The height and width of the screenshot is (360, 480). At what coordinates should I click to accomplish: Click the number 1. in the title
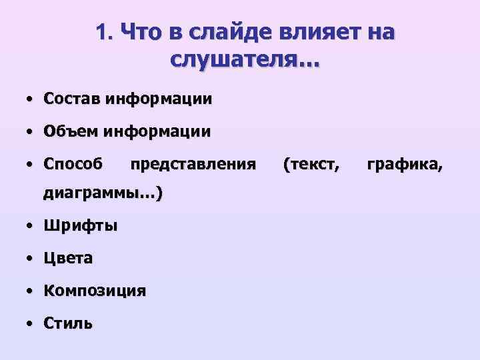105,32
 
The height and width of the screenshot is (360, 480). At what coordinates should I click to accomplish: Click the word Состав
71,99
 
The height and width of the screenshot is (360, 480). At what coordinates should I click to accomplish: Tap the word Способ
73,164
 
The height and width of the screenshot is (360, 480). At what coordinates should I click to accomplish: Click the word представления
193,164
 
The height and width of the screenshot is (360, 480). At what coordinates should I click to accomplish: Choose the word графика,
404,164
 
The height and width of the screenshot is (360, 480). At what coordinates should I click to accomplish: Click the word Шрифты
81,226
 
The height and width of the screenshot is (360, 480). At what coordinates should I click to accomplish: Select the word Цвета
68,258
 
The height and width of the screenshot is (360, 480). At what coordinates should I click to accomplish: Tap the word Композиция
95,291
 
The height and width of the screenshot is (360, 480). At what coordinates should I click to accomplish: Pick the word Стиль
68,323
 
